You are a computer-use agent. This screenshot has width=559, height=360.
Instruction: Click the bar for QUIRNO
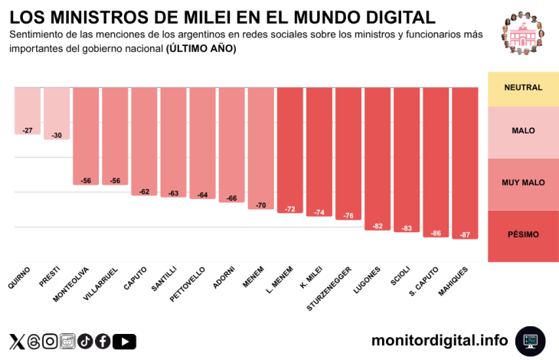pos(28,110)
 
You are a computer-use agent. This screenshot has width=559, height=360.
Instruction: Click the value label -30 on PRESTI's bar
pos(57,136)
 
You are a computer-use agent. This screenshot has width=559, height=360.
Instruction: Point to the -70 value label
pos(260,205)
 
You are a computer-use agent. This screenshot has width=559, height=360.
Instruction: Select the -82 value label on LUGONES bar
pos(378,226)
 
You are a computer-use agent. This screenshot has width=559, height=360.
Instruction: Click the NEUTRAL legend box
pos(523,88)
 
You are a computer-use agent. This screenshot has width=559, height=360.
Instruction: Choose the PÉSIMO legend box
pos(523,235)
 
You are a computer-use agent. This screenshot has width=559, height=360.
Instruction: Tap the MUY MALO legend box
pos(523,184)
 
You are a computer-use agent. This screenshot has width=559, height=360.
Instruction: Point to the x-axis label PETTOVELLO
pos(188,283)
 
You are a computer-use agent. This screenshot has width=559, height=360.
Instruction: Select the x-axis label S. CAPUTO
pos(424,280)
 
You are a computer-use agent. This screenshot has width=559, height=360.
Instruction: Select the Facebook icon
pos(103,342)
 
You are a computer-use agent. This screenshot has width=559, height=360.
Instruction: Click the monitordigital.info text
pos(440,340)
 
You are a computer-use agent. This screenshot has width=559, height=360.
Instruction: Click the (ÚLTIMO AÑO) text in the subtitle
pos(201,48)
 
